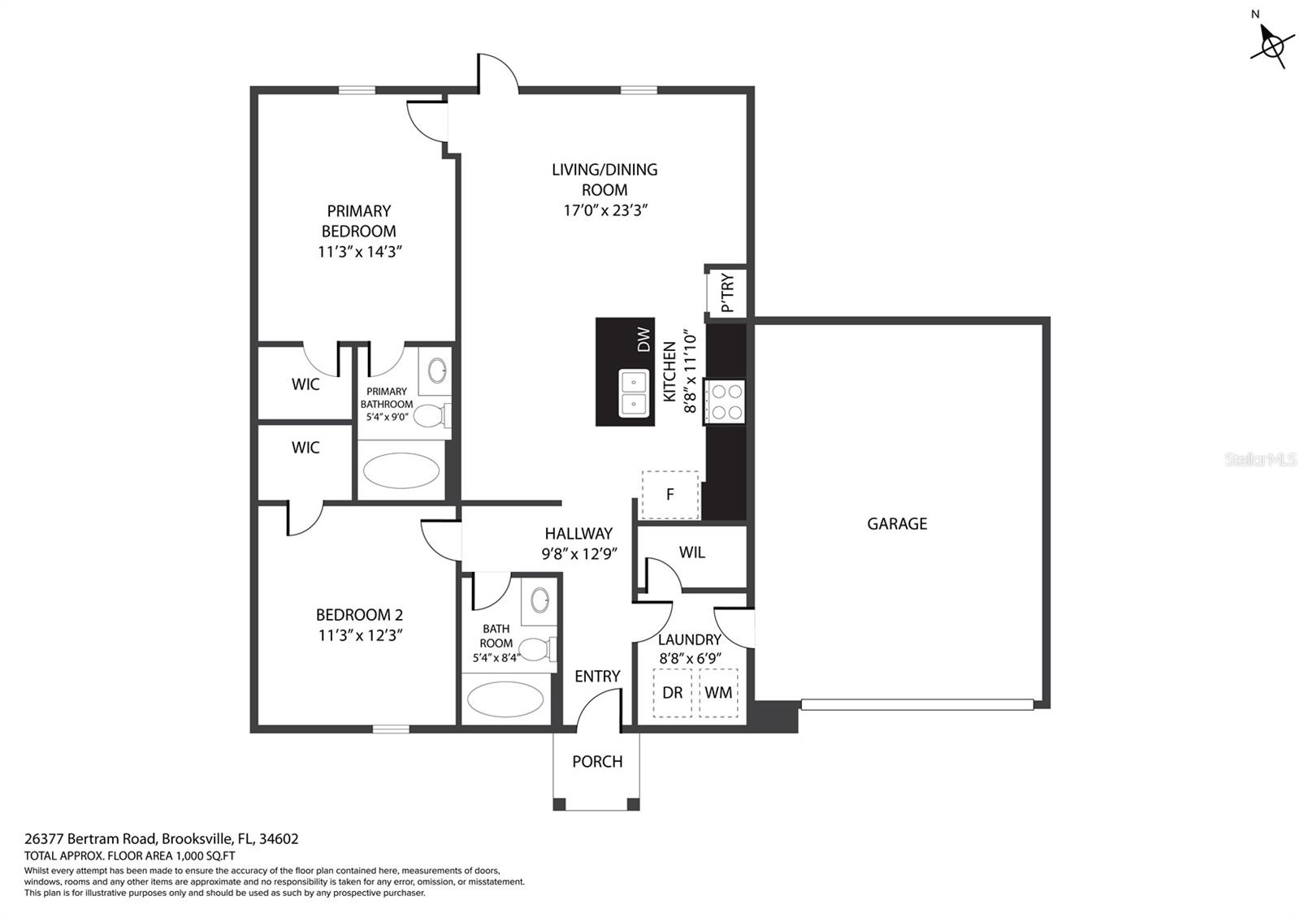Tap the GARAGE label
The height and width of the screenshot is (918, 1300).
point(897,524)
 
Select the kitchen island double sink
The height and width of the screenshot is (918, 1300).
point(634,393)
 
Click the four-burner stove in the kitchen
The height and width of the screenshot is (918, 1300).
point(726,401)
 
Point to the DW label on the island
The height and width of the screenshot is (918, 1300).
point(643,339)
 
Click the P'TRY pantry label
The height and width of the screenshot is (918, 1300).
point(727,292)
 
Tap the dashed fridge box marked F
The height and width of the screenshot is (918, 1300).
point(670,494)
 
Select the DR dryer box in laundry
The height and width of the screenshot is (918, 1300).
point(673,693)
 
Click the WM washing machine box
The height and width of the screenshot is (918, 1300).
point(718,693)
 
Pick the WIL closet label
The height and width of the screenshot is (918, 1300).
point(692,552)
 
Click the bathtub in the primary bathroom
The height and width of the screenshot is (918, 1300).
point(401,470)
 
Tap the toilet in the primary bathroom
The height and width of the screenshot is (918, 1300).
point(431,416)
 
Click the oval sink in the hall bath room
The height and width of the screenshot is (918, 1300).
point(540,601)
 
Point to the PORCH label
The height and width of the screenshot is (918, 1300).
point(597,762)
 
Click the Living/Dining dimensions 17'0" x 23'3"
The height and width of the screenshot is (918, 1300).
point(604,210)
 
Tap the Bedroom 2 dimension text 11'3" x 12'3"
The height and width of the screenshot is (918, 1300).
point(360,635)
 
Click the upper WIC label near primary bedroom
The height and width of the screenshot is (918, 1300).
point(305,384)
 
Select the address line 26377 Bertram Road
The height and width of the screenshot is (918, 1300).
point(161,838)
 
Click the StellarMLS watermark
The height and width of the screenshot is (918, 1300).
point(1261,460)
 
